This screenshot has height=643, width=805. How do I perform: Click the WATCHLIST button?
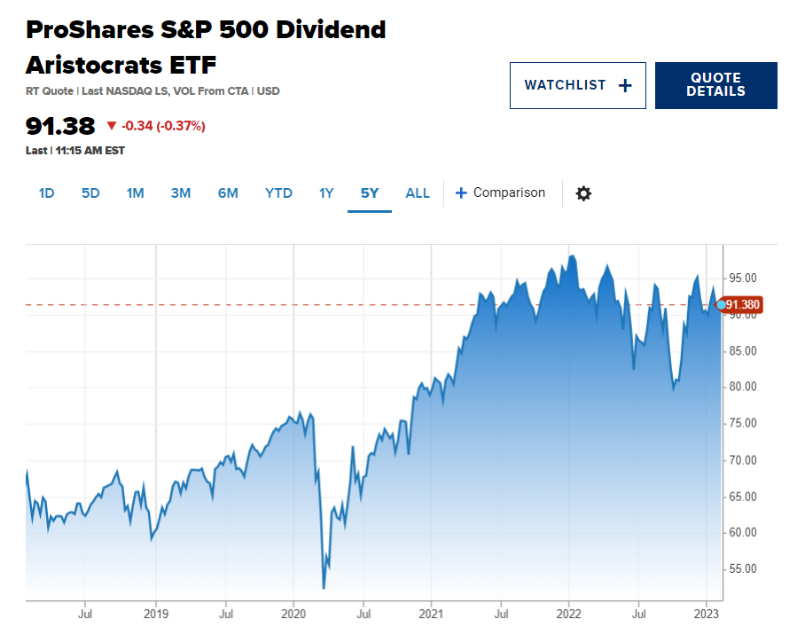coord(577,85)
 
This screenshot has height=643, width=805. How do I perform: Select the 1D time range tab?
coord(46,193)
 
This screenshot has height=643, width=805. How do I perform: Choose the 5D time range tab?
coord(90,193)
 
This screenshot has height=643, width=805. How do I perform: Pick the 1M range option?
coord(135,193)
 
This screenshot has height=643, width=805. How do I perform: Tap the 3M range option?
coord(181,193)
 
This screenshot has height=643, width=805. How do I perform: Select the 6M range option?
coord(228,193)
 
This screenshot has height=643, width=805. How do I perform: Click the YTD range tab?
coord(278,193)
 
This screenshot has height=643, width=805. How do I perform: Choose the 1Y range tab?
coord(326,193)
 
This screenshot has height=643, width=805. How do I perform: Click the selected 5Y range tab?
coord(370,193)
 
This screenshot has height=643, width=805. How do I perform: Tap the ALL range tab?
coord(418,193)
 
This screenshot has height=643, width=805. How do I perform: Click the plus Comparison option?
coord(500,192)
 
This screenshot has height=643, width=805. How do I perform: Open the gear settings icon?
coord(583,193)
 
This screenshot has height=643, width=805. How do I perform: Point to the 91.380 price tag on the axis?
coord(739,304)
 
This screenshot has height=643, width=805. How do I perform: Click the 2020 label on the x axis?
coord(293,614)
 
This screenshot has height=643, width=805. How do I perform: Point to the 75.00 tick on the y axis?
coord(743,423)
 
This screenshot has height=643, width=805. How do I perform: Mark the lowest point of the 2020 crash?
coord(324,588)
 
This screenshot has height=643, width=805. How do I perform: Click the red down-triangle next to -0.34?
coord(112,125)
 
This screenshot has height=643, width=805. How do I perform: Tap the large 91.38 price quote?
coord(60,126)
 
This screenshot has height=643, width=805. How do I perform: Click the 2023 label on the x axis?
coord(706,614)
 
